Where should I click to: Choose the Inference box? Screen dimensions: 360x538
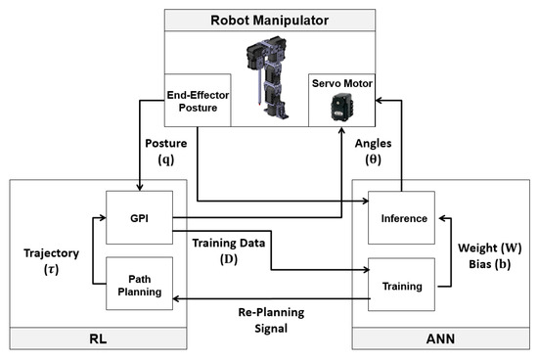pyautogui.click(x=400, y=217)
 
